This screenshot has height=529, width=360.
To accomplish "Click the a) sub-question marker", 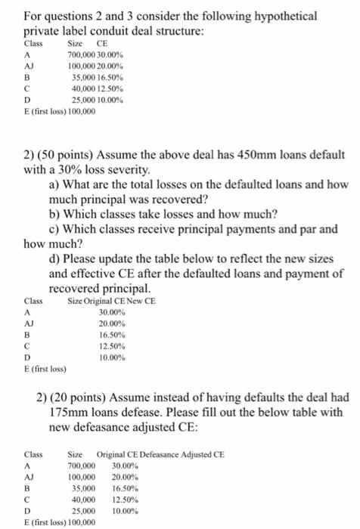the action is (x=55, y=184).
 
